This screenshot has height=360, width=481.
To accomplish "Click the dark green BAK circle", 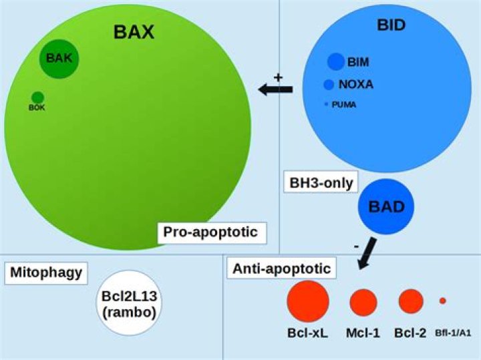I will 59,59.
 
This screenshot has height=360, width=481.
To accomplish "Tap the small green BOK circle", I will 37,98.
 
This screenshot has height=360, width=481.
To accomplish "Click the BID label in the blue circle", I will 391,25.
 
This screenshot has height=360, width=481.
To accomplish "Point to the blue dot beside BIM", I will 335,61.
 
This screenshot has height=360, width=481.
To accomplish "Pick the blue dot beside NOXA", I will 329,84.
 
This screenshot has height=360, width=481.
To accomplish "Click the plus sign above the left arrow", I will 279,77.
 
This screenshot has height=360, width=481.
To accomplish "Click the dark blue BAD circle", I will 386,206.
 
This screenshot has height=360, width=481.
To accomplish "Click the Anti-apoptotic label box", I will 281,269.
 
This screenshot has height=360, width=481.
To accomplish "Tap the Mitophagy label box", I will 45,273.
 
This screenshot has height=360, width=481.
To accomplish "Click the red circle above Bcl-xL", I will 308,301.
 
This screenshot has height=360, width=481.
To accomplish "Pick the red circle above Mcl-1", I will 363,302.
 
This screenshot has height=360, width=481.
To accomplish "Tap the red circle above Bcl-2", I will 411,301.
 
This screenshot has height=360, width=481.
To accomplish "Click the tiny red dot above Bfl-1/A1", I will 442,301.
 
